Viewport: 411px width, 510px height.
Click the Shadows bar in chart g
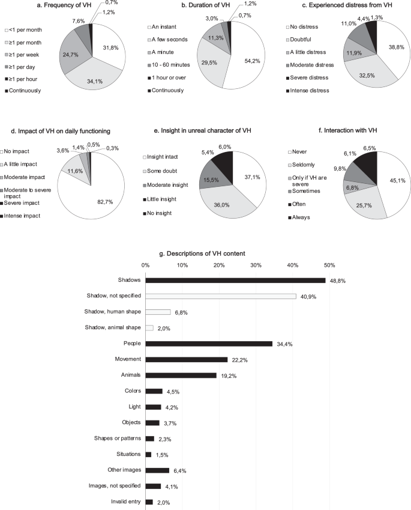pyautogui.click(x=235, y=280)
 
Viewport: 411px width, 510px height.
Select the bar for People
pyautogui.click(x=209, y=344)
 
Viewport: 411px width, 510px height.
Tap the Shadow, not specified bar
pyautogui.click(x=221, y=296)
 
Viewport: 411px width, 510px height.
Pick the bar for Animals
pyautogui.click(x=181, y=375)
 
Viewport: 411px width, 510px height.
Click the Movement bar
pyautogui.click(x=186, y=359)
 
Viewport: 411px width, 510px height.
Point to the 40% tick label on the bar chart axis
pyautogui.click(x=292, y=264)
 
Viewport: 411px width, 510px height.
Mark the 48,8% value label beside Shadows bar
pyautogui.click(x=337, y=281)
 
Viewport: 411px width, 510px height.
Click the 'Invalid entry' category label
pyautogui.click(x=123, y=502)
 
